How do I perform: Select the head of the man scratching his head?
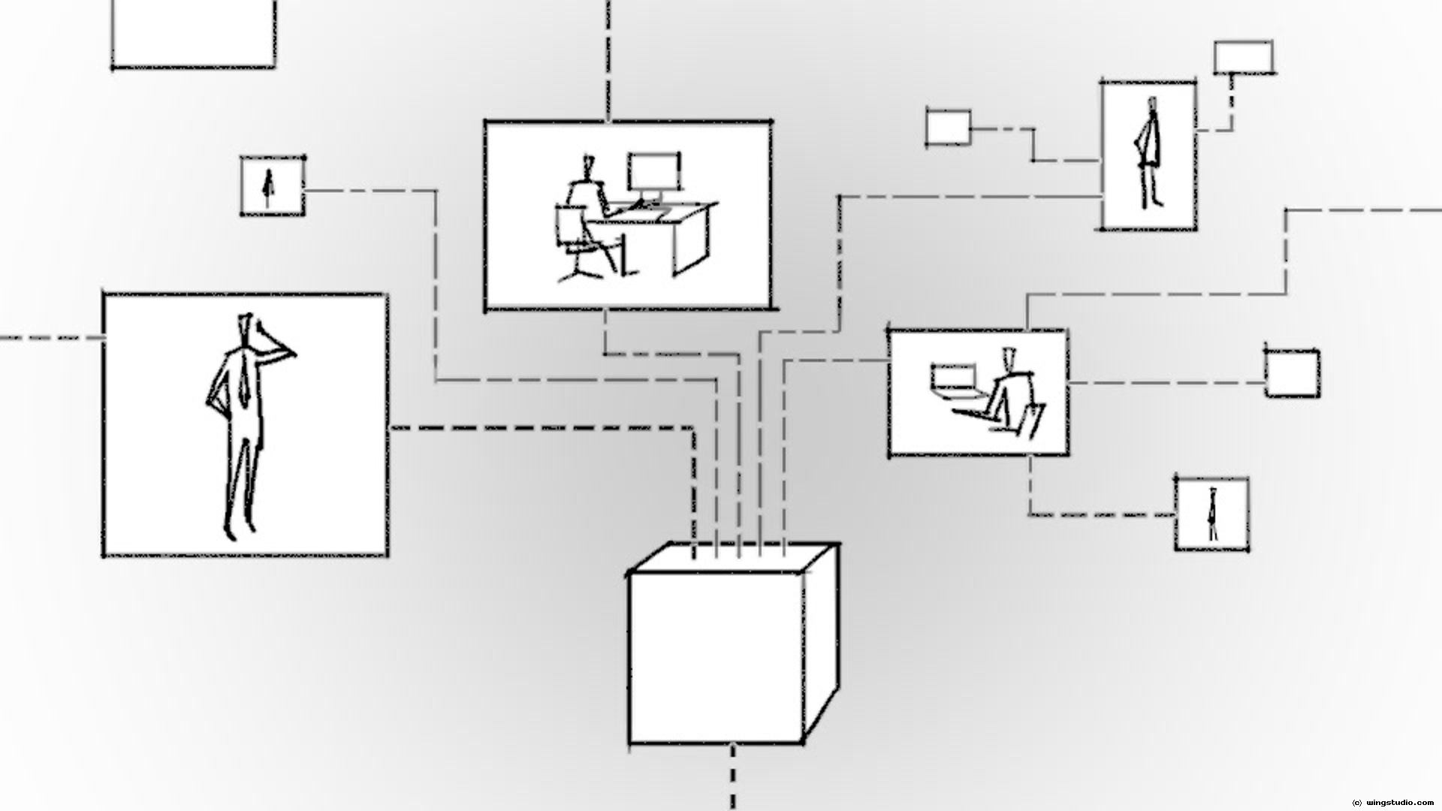(x=247, y=330)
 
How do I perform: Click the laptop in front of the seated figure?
(x=954, y=379)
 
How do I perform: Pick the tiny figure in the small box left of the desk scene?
(x=267, y=187)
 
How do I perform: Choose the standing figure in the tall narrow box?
(x=1148, y=154)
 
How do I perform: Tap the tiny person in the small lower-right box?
(x=1211, y=514)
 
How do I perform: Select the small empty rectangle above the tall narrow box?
(x=1244, y=57)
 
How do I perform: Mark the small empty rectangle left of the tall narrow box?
(x=948, y=127)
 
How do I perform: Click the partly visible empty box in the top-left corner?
(x=194, y=34)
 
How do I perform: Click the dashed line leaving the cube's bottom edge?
(x=732, y=777)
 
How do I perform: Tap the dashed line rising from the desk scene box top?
(x=608, y=60)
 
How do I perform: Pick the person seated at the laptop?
(x=1010, y=390)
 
